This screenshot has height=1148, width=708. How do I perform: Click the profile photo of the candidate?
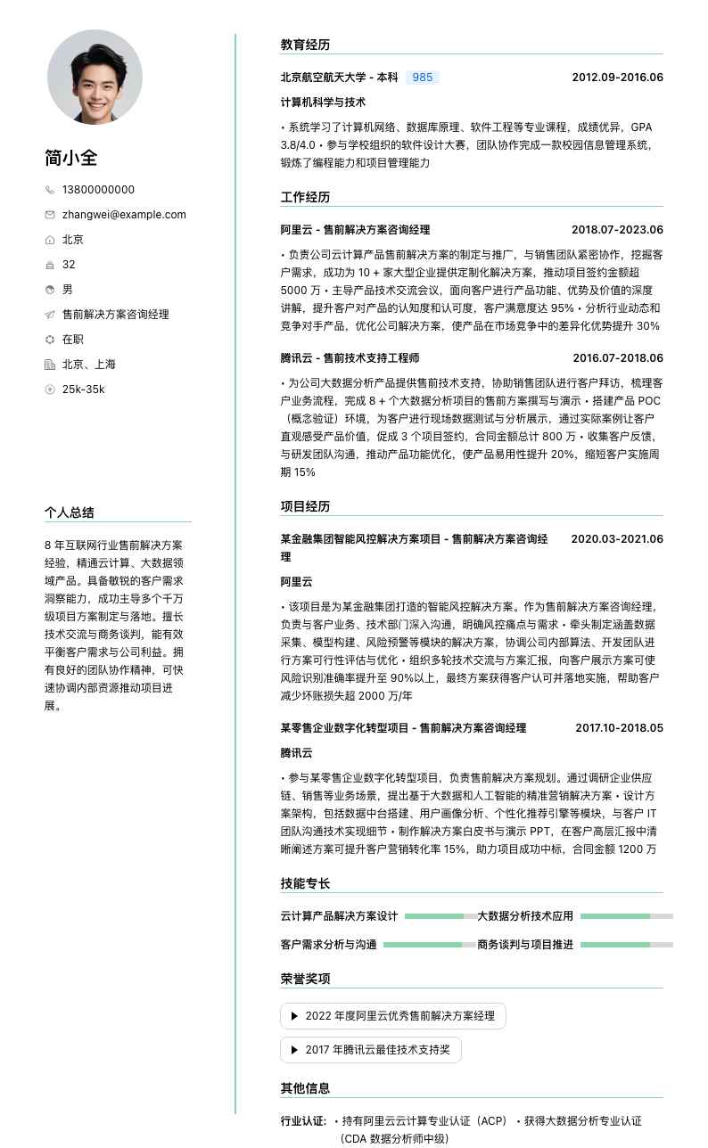95,77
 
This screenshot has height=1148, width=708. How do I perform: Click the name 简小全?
71,158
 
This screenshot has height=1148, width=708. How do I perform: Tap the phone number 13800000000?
98,190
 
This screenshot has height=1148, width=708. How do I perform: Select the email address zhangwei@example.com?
124,215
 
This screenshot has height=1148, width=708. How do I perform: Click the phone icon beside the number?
50,190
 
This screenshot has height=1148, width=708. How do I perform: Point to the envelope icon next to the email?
50,215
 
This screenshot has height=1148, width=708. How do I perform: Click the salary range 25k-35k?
83,389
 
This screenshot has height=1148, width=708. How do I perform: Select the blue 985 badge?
423,78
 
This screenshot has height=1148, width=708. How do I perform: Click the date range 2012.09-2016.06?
617,78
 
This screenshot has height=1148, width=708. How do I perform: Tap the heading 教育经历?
305,45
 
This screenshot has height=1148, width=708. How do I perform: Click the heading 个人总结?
70,512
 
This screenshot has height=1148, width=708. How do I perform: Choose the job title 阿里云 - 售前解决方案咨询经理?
355,230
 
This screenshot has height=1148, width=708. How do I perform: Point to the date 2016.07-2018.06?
617,358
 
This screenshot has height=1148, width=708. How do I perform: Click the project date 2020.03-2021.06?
617,539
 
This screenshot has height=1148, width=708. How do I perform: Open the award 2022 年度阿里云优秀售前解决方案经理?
392,1016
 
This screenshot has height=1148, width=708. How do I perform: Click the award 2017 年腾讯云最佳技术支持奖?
371,1050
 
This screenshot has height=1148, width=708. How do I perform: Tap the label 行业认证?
303,1121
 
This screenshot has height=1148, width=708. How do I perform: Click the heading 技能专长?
305,884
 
